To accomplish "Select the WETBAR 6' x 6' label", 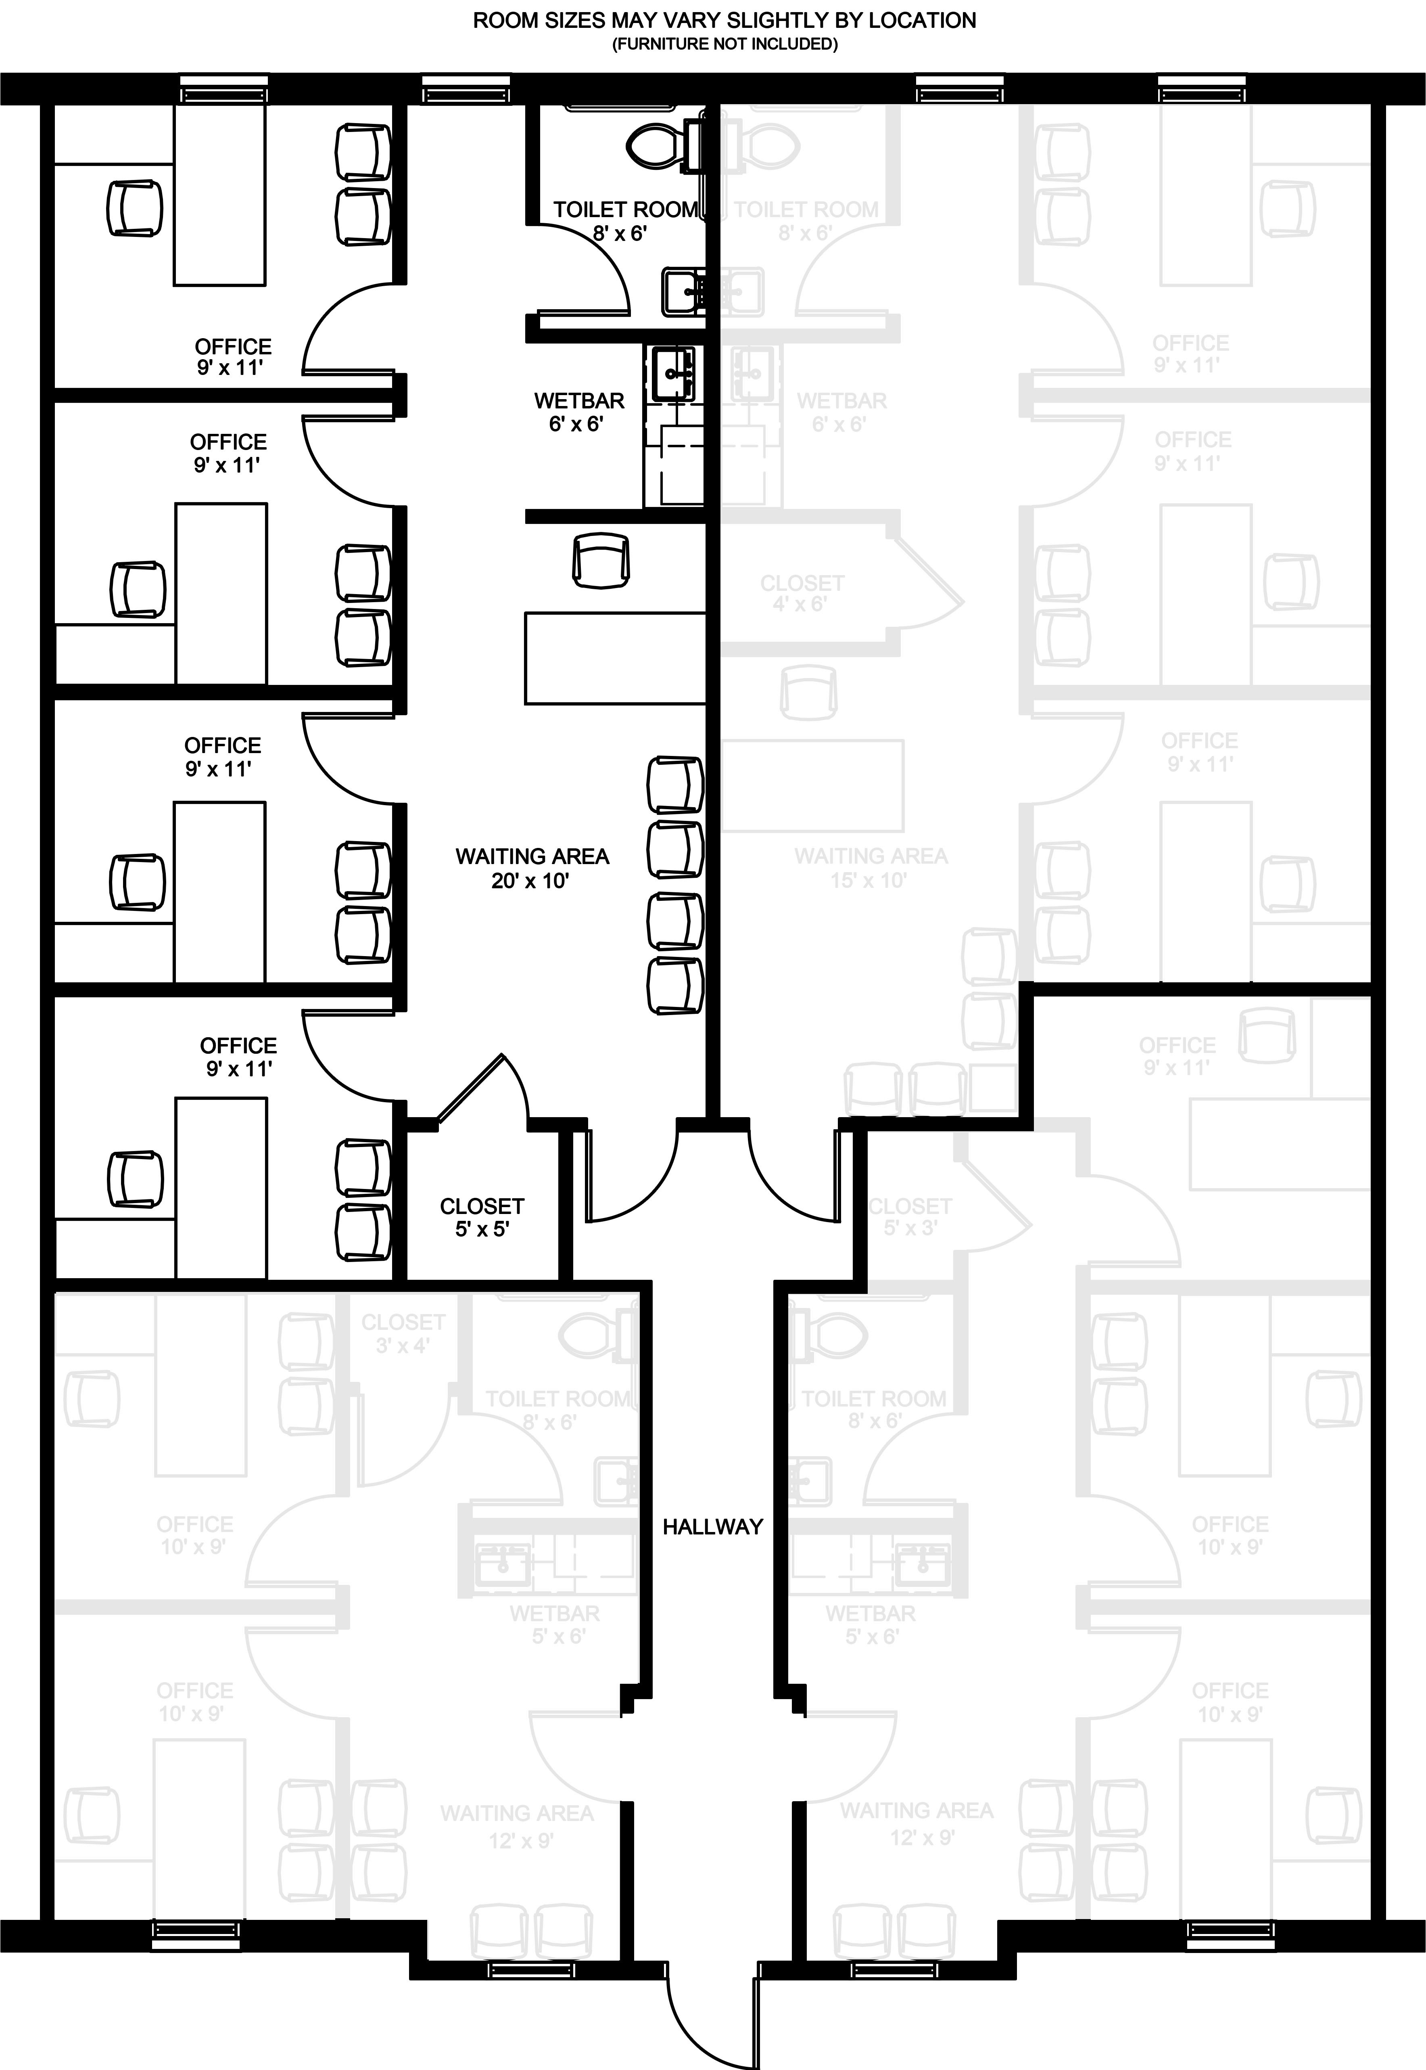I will tap(579, 412).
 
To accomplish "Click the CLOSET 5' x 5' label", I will tap(482, 1217).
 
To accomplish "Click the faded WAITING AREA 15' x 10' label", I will tap(870, 868).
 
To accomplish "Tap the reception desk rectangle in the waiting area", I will tap(615, 658).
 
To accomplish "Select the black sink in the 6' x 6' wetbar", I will tap(673, 374).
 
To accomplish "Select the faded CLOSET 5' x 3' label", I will tap(910, 1217).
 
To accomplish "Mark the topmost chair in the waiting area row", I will tap(674, 784).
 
